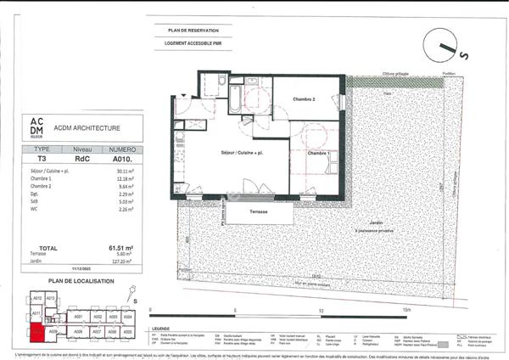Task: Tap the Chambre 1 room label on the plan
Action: (x=319, y=154)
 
